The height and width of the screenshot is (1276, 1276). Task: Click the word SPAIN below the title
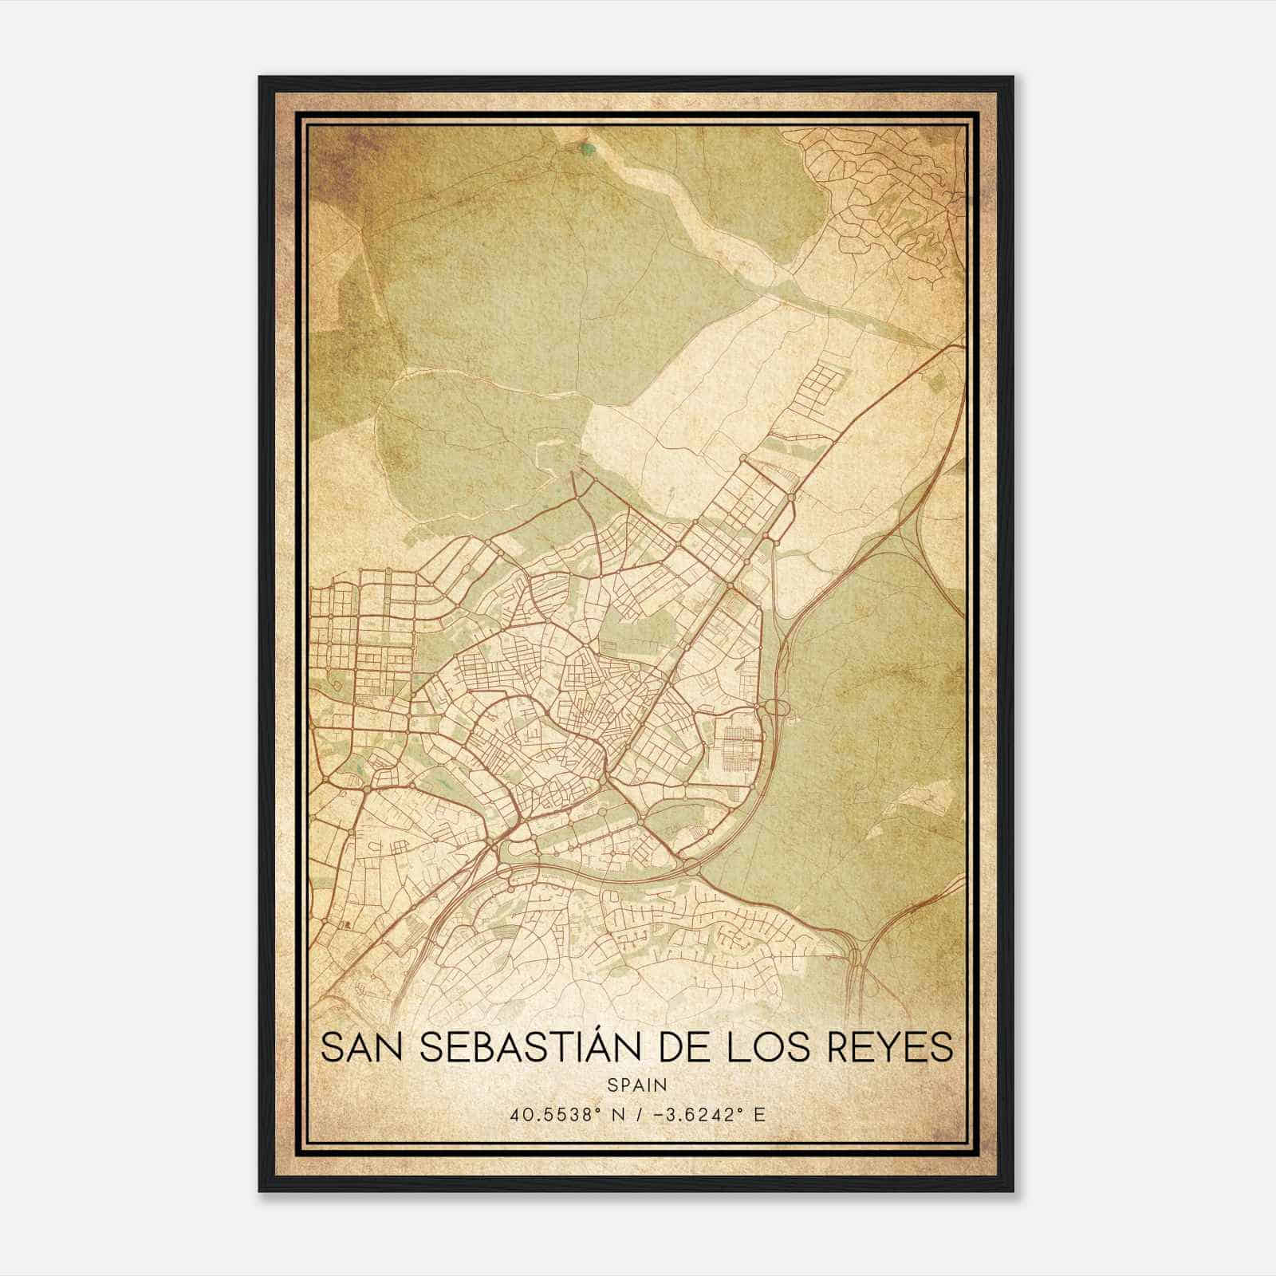pyautogui.click(x=636, y=1085)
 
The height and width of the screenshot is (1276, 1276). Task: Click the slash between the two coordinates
pyautogui.click(x=635, y=1114)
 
